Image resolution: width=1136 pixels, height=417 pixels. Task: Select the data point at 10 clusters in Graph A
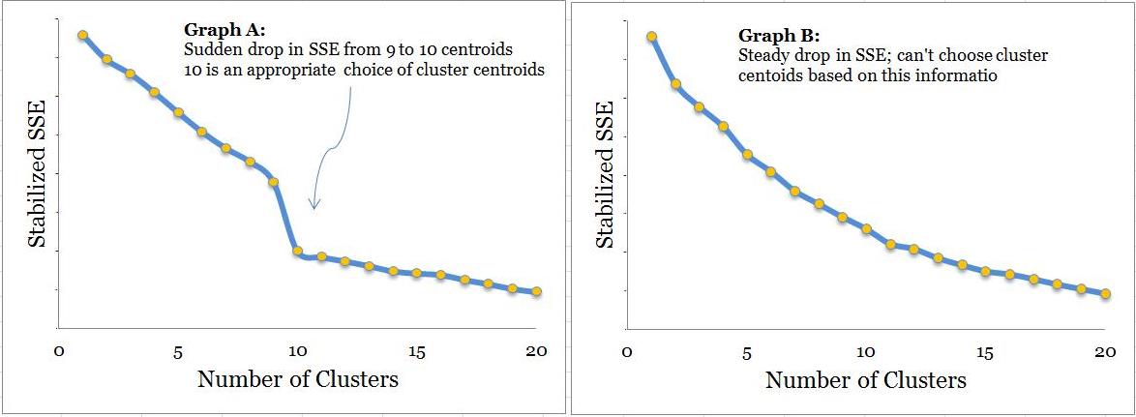tap(297, 252)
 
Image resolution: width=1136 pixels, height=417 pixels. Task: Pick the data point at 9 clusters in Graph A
tap(273, 182)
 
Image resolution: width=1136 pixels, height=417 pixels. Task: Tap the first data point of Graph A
tap(83, 35)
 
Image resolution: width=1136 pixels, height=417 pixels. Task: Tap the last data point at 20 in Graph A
tap(536, 291)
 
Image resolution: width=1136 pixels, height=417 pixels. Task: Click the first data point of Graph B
tap(652, 37)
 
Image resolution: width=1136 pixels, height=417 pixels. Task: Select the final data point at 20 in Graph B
tap(1105, 293)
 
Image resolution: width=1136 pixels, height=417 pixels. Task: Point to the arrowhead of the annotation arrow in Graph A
tap(314, 206)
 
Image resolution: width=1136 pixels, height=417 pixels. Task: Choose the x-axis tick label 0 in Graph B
tap(627, 351)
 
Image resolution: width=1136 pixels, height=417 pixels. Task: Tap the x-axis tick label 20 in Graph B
tap(1104, 351)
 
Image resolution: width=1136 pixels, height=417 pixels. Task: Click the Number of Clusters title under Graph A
tap(297, 379)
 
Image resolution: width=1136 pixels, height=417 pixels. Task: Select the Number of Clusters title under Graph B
tap(865, 380)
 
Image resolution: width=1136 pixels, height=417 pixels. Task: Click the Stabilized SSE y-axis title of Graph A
tap(37, 174)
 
